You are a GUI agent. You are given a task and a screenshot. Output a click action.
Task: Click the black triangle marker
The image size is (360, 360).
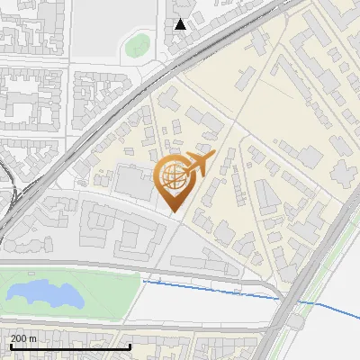[x=181, y=24]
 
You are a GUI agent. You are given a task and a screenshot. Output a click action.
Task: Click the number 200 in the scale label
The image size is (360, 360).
[x=19, y=338]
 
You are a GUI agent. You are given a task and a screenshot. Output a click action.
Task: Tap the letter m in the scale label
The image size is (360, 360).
[x=34, y=338]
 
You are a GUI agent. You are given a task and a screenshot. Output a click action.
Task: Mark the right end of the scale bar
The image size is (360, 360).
[x=130, y=346]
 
